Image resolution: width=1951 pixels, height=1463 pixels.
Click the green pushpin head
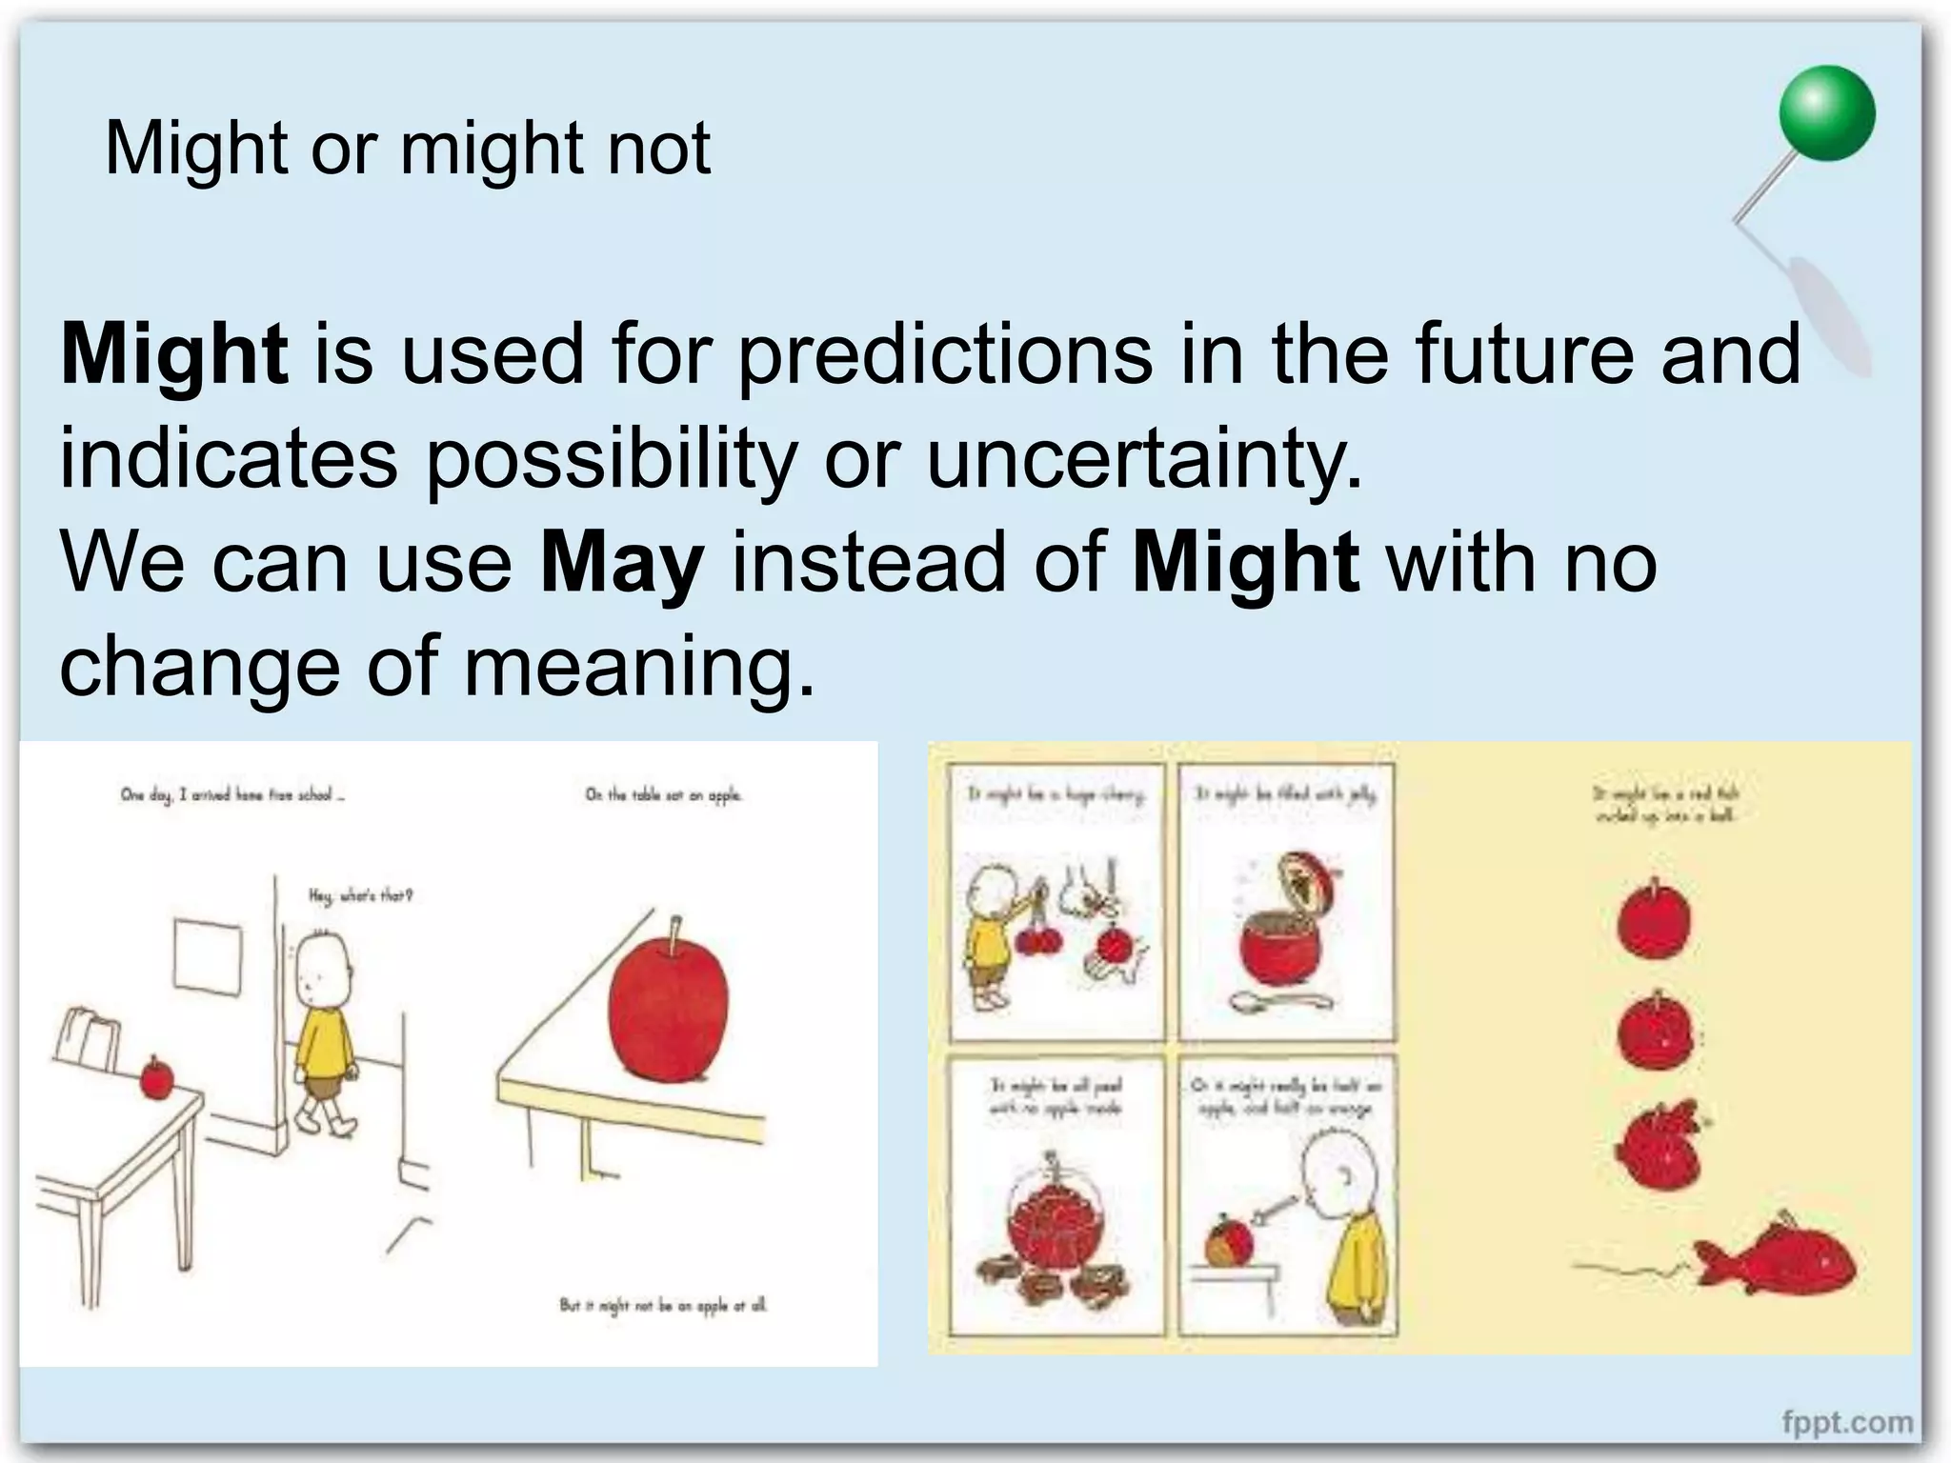click(x=1826, y=113)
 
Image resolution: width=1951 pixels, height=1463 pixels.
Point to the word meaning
click(x=639, y=667)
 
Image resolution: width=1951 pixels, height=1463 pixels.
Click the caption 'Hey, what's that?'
click(x=360, y=895)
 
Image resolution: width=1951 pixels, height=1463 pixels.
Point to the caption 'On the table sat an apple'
click(x=663, y=794)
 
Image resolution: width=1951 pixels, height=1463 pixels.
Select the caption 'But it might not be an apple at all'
click(x=663, y=1305)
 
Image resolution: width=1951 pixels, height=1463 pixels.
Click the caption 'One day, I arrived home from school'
click(x=232, y=794)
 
